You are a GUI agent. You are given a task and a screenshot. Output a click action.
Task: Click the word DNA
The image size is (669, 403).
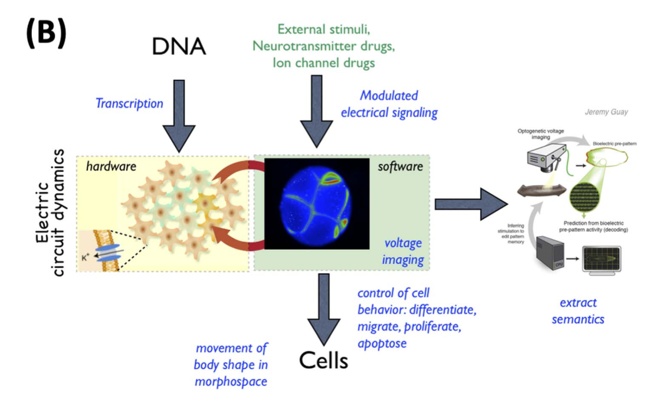pos(179,46)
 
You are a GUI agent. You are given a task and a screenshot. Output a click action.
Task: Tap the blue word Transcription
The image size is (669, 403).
pos(129,104)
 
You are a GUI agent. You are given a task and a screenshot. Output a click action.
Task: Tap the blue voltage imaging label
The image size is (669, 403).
pos(403,251)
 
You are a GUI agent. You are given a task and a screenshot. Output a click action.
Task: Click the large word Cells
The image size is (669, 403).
pos(323,360)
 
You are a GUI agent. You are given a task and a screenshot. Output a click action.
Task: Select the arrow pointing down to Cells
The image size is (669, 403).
pos(323,309)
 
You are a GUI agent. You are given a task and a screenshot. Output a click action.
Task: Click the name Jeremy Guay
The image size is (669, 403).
pos(606,112)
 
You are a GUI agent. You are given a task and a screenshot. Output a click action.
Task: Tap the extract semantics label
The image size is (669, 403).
pos(578,311)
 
